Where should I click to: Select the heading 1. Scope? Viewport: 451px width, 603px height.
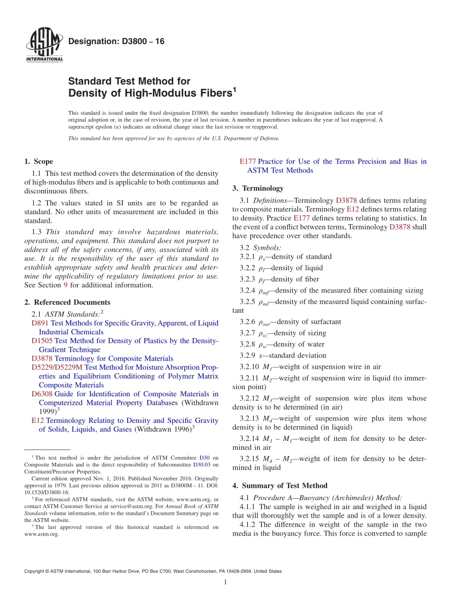(x=39, y=162)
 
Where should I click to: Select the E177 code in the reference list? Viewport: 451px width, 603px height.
(x=248, y=162)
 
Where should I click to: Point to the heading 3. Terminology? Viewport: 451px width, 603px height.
(x=258, y=188)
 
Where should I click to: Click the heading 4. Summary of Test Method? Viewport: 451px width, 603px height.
(x=280, y=485)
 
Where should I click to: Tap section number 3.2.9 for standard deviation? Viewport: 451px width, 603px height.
(x=248, y=356)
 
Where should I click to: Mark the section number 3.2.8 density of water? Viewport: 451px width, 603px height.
(x=248, y=344)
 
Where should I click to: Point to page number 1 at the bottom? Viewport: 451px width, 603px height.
(x=225, y=583)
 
